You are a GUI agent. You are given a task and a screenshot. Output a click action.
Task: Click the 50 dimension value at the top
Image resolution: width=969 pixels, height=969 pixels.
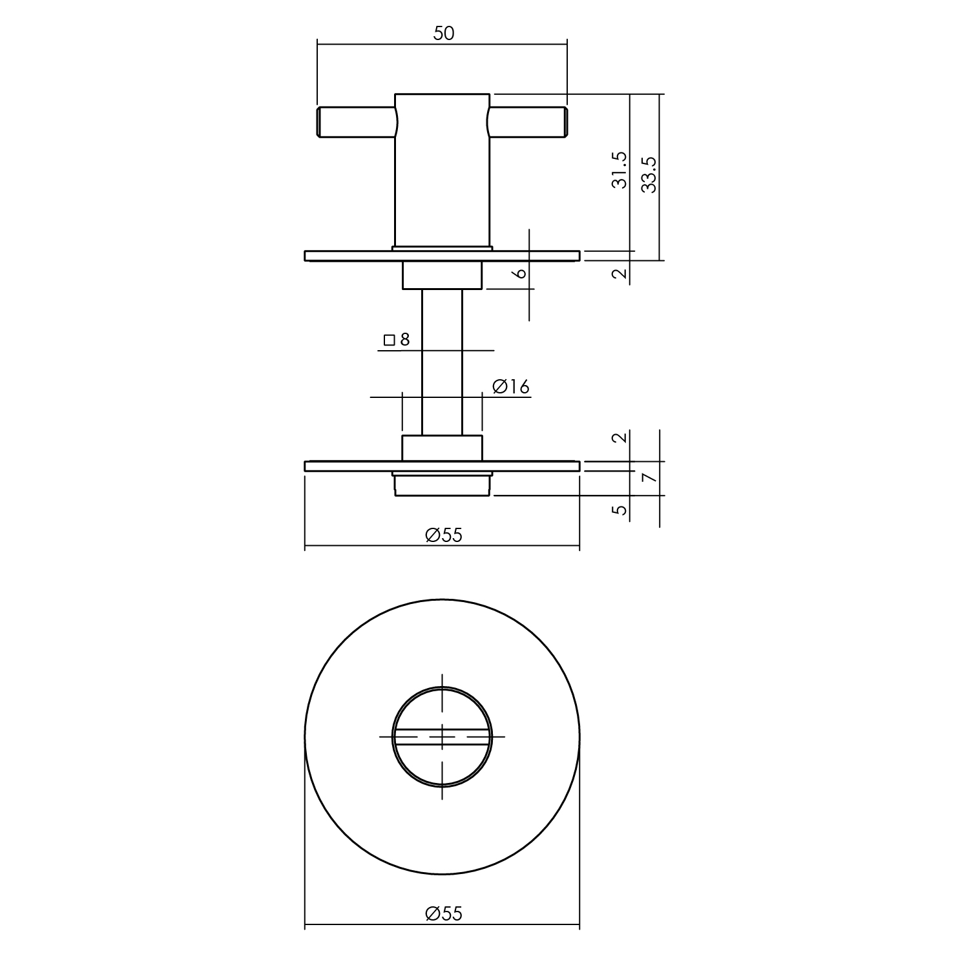point(444,33)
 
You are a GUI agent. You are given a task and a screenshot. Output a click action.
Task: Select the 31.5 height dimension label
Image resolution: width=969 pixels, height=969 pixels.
point(620,170)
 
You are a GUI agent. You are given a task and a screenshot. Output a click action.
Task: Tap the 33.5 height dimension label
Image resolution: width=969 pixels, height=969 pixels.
point(649,174)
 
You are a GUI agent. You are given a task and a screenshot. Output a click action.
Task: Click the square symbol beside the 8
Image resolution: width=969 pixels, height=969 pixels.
point(389,340)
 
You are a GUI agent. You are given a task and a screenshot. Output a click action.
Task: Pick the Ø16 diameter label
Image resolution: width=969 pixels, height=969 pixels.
point(510,386)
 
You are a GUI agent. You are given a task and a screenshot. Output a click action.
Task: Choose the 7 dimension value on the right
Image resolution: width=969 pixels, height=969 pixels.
point(649,478)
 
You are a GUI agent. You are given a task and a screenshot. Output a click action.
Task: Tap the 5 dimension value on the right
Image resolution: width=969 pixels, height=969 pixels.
point(620,510)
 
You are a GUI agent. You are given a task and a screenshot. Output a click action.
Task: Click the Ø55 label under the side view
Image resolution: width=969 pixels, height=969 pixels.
point(444,535)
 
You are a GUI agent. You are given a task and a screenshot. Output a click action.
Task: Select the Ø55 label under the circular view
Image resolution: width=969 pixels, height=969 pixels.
point(444,913)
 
